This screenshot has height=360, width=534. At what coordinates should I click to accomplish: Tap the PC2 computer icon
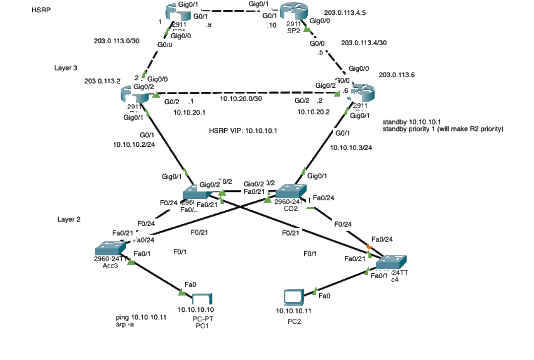pos(293,297)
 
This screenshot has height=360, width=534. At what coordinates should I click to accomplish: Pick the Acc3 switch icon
pos(109,248)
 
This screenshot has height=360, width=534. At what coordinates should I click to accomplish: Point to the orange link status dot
pos(369,247)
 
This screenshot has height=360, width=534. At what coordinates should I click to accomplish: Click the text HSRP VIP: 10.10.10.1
pos(243,131)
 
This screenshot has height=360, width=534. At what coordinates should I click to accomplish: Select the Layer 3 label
pos(66,68)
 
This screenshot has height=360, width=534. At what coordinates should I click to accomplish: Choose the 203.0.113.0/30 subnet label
pos(116,41)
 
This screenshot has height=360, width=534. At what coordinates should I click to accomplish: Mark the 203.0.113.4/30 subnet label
pos(364,43)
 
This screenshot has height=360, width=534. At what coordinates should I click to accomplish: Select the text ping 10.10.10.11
pos(140,317)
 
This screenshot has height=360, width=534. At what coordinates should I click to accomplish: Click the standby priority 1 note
pos(443,129)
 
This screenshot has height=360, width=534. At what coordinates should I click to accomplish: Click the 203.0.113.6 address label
pos(397,75)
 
